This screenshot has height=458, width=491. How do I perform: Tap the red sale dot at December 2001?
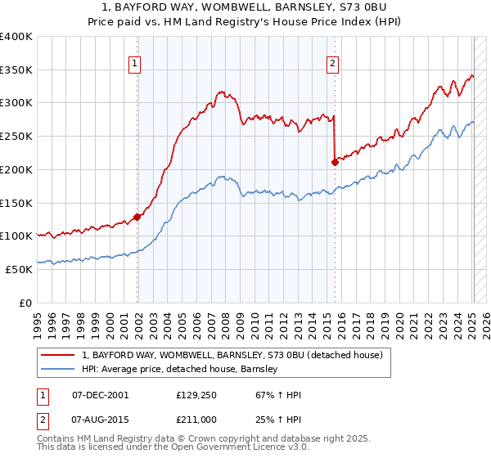tap(137, 217)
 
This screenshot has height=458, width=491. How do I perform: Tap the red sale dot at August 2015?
tap(335, 162)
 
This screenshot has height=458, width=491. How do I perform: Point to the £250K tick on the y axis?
tap(16, 136)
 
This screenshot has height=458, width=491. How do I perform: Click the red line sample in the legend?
tap(59, 356)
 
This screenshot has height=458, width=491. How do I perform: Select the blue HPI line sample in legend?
tap(59, 370)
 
